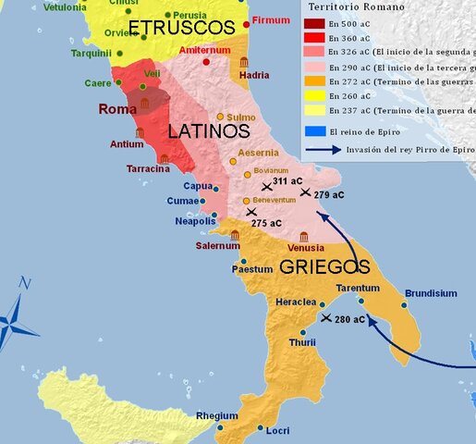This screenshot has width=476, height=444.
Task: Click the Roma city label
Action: coord(117,109)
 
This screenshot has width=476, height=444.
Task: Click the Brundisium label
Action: coord(431,293)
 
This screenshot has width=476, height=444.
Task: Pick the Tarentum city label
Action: coord(356,288)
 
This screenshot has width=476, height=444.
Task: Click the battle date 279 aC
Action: coord(328,195)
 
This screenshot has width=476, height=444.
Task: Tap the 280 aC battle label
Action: coord(349,320)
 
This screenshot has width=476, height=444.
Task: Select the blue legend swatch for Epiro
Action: coord(314,131)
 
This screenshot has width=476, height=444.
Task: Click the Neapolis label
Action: coord(195,221)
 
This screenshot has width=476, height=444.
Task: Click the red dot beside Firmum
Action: coord(247,23)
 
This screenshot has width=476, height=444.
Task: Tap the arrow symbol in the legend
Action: coord(323,147)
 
